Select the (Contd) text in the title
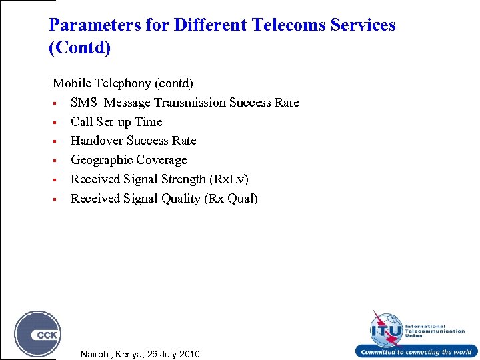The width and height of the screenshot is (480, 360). coord(80,48)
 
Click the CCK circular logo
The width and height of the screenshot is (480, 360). coord(38,334)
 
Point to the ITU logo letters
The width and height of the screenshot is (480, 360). coord(387,330)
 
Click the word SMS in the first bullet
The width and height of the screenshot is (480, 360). coord(84,103)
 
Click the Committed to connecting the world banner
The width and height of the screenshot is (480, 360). coord(416,352)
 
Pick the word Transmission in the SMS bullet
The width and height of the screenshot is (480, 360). coord(190,103)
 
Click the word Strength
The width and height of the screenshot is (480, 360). coord(183,179)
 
